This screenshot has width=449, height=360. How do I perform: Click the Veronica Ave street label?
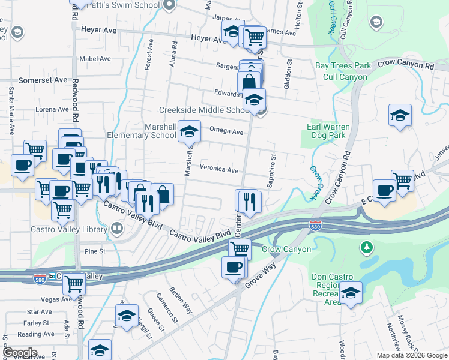[x=219, y=170]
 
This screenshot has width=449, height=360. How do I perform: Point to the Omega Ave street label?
[x=226, y=132]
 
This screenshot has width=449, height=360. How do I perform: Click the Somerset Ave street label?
[x=43, y=80]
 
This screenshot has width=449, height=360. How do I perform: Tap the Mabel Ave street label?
[x=95, y=59]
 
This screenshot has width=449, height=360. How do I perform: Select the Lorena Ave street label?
[x=53, y=109]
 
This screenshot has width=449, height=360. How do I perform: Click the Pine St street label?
[x=95, y=251]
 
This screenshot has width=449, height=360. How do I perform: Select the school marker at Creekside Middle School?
[x=255, y=99]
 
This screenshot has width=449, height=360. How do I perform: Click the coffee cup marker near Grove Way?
[x=234, y=267]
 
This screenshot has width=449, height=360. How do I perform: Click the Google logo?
[x=20, y=353]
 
